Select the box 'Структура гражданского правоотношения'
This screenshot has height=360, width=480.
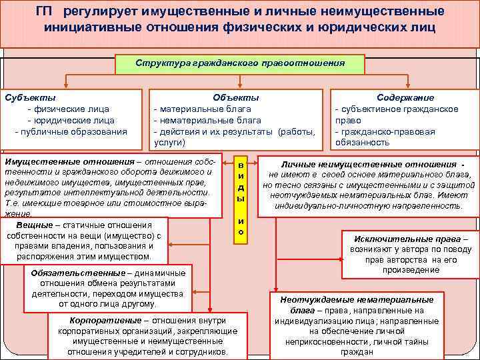coord(239,63)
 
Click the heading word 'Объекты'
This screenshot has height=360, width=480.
coord(235,97)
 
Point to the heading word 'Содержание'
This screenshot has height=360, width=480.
coord(405,97)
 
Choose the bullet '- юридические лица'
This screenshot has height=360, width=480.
coord(71,120)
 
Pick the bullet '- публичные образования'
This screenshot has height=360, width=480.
coord(71,131)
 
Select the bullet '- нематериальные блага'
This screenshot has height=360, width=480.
coord(207,120)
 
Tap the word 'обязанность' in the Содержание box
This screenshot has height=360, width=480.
coord(362,142)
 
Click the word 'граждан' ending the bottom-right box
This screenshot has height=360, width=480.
coord(357,351)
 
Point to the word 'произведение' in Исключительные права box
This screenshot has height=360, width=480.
coord(411,270)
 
